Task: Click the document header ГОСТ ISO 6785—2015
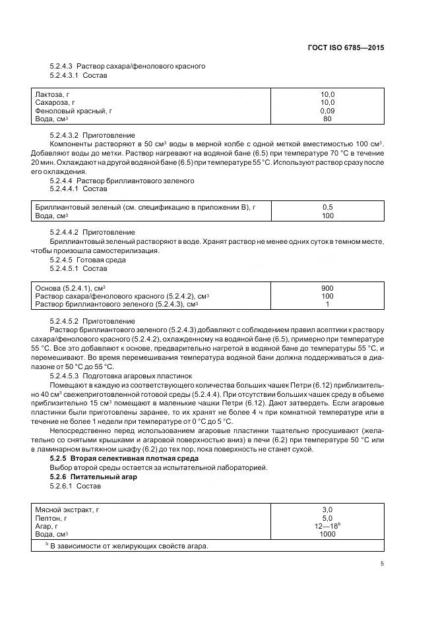(x=346, y=47)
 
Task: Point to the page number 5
(x=382, y=563)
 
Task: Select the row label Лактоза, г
(x=52, y=95)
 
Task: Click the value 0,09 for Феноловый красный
(x=327, y=111)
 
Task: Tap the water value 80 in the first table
(x=327, y=119)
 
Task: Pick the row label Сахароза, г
(x=55, y=103)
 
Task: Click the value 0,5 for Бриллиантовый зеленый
(x=327, y=208)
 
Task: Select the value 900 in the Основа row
(x=327, y=288)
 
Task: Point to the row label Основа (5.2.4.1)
(x=71, y=288)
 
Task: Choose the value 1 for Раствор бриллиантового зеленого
(x=327, y=304)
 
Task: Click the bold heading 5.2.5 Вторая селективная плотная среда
(x=118, y=457)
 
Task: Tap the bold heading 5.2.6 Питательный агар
(x=93, y=476)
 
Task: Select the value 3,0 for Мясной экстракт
(x=327, y=510)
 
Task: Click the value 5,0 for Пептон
(x=327, y=518)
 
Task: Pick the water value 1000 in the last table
(x=327, y=534)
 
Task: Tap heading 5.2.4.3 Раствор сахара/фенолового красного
(x=127, y=66)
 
